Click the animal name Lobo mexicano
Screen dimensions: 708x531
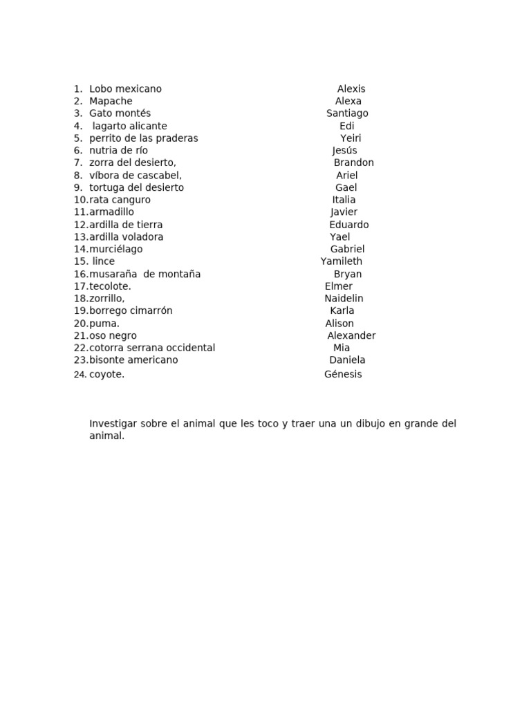(125, 89)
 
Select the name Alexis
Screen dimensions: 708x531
(351, 89)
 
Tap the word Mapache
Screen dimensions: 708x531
(111, 102)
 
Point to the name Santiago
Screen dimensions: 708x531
(347, 113)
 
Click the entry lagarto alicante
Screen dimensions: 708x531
(129, 127)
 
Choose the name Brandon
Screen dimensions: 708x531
(353, 163)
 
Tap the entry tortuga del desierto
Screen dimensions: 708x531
(136, 188)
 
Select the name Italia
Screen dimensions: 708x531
(344, 201)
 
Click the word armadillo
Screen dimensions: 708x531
(111, 212)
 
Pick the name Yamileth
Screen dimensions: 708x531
(341, 262)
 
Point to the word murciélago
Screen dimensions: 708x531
(115, 250)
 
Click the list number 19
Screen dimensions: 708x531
(80, 311)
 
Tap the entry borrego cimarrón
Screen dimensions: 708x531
(131, 311)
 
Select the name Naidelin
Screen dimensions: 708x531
(344, 299)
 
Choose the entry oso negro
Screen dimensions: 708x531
(113, 336)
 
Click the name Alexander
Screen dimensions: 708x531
(351, 336)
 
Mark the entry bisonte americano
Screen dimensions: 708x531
(133, 360)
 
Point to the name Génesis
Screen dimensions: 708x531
(343, 375)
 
